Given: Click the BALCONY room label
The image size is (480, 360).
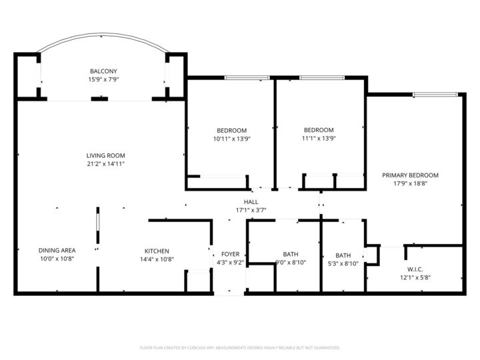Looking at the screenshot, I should click(x=103, y=71).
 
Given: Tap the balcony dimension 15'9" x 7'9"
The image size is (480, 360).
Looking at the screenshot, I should click(x=103, y=79).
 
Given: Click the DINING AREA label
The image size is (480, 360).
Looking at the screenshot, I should click(x=57, y=251).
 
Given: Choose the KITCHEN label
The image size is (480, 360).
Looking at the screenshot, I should click(x=157, y=251).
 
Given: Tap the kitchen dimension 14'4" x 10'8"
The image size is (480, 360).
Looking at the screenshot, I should click(x=157, y=259).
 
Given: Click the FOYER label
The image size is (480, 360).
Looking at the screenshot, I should click(x=230, y=254).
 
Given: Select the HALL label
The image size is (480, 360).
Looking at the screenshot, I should click(x=251, y=202).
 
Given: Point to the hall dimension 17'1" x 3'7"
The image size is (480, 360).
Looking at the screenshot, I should click(x=251, y=210).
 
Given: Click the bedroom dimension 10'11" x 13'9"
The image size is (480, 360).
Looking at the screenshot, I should click(x=231, y=139).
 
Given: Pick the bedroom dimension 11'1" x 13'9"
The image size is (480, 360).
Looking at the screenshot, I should click(x=319, y=139).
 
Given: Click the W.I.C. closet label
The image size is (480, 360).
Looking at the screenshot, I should click(x=407, y=270).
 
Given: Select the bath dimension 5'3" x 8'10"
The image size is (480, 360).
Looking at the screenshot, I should click(x=343, y=263).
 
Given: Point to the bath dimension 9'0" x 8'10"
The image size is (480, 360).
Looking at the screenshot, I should click(x=291, y=263).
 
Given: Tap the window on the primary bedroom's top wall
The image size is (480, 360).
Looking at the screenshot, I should click(x=435, y=95).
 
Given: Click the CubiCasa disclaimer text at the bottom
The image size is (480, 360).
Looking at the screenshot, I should click(x=240, y=347).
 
